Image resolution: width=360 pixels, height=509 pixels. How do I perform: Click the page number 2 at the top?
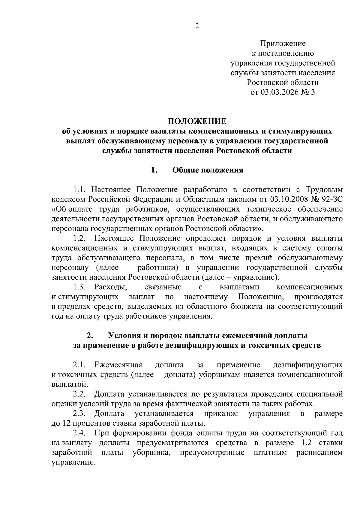pos(197,26)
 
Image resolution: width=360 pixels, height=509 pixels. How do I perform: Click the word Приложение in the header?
pos(283,44)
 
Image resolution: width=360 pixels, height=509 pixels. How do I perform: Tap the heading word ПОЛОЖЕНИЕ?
pos(197,121)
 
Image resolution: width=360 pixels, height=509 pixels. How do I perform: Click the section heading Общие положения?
pos(208,171)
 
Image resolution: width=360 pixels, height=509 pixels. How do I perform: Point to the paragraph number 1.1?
pos(80,190)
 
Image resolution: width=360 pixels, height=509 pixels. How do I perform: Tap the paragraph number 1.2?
pos(80,238)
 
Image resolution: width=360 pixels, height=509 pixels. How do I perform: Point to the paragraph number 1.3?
pos(80,287)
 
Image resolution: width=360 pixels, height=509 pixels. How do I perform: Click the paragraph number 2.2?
pos(80,394)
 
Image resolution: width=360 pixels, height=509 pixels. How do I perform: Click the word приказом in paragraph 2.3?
pos(221,414)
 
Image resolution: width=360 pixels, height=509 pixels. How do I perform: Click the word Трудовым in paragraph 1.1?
pos(324,190)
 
